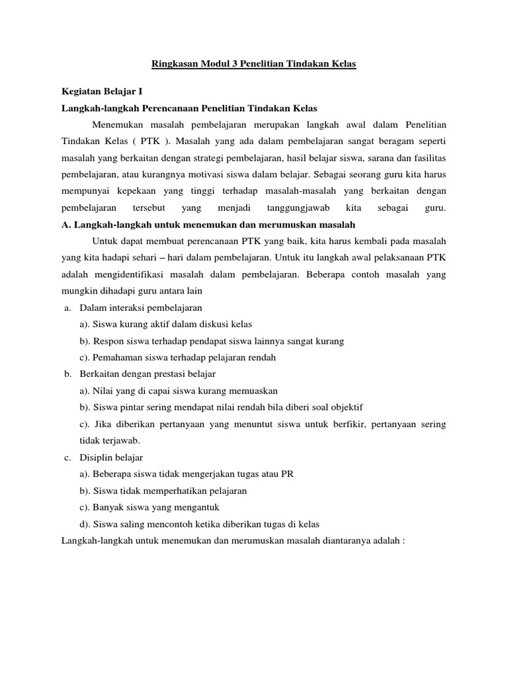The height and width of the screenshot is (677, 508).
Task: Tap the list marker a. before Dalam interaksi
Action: click(67, 307)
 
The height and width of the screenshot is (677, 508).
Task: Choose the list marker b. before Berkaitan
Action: click(67, 374)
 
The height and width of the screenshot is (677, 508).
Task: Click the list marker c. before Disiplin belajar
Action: click(67, 457)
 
